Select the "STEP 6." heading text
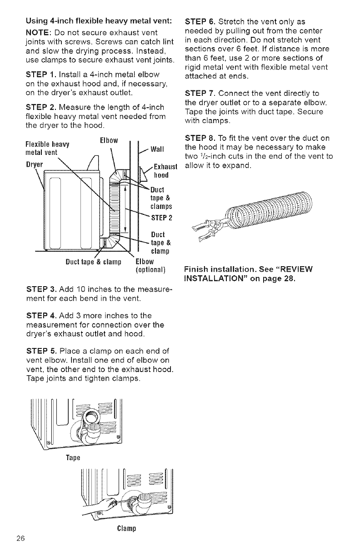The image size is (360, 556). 199,22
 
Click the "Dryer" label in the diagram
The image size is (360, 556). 33,164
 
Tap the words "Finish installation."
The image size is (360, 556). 218,269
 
